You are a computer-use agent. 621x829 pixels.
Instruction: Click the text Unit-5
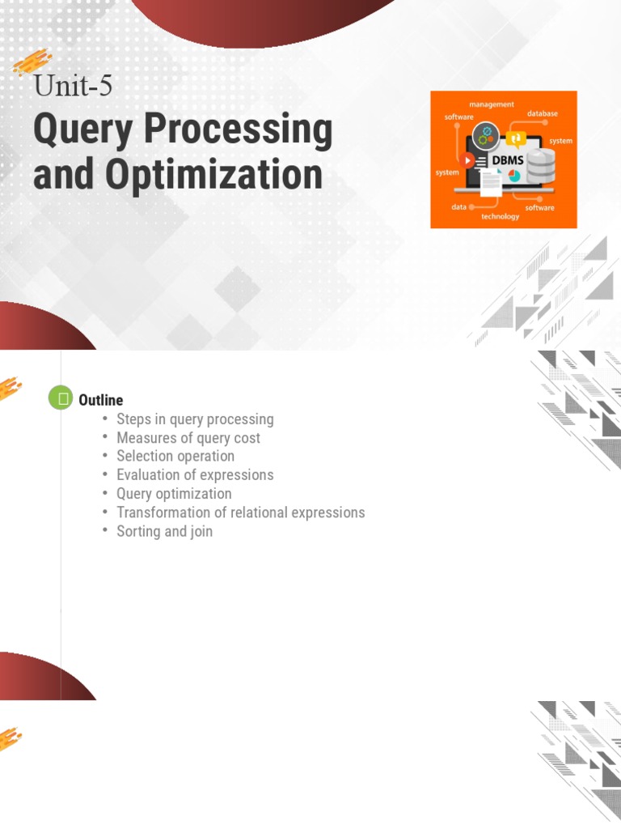coord(72,85)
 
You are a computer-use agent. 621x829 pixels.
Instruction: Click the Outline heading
coord(100,400)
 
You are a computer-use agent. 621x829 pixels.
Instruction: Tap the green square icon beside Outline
coord(61,398)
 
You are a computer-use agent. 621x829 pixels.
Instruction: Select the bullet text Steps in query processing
coord(195,419)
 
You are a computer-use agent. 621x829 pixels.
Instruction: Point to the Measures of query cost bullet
coord(188,438)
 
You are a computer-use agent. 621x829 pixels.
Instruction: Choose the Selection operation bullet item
coord(175,457)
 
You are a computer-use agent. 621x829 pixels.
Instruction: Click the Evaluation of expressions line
coord(195,475)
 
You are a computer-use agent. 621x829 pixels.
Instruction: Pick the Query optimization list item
coord(174,494)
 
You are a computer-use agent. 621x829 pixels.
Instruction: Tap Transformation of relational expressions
coord(240,512)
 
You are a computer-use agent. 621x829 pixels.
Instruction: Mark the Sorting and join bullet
coord(164,531)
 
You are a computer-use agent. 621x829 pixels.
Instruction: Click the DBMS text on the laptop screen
coord(508,160)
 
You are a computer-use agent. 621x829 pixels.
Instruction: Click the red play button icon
coord(467,159)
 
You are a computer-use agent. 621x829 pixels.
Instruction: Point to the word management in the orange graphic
coord(491,104)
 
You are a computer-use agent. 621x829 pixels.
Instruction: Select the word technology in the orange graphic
coord(501,216)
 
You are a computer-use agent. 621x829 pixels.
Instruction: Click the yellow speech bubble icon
coord(517,138)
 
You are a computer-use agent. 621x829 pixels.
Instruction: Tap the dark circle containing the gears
coord(486,134)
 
